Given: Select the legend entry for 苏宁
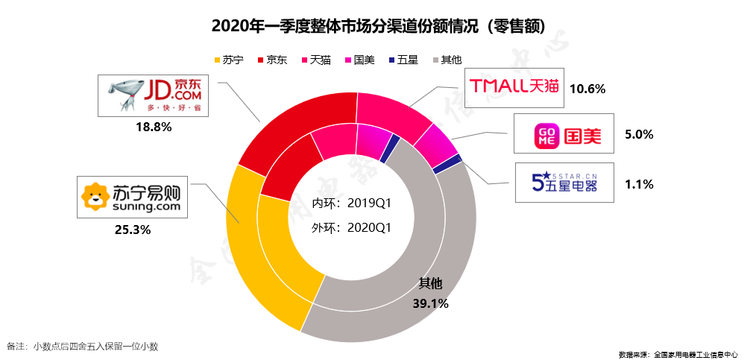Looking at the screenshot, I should pos(228,60).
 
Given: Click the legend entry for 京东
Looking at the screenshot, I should pos(271,60).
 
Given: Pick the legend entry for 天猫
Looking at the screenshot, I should pos(315,60).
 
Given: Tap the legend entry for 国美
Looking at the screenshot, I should pos(359,60).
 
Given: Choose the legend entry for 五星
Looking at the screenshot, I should pos(403,60).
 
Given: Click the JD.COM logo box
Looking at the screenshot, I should pos(153,95).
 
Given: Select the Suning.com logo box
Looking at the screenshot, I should pos(131,197).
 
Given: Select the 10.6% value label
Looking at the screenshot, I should pos(587,88).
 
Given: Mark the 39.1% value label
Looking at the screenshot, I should pos(430,303).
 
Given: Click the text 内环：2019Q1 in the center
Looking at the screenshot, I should pos(352,203).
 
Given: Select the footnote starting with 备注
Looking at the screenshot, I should pos(82,346).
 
